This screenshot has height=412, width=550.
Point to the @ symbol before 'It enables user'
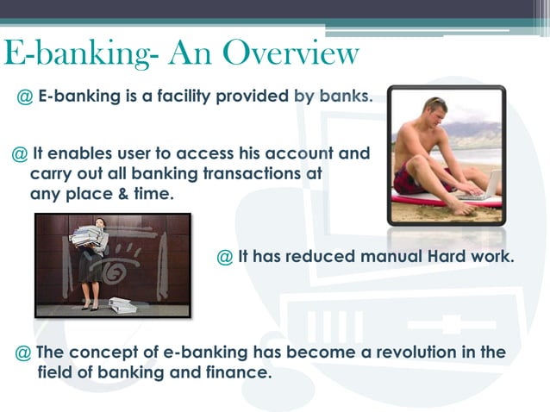(x=19, y=154)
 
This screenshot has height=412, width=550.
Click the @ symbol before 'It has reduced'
(x=225, y=257)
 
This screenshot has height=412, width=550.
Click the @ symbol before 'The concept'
(x=24, y=353)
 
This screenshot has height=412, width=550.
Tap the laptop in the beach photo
(x=487, y=184)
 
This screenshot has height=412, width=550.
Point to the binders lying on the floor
(x=119, y=304)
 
